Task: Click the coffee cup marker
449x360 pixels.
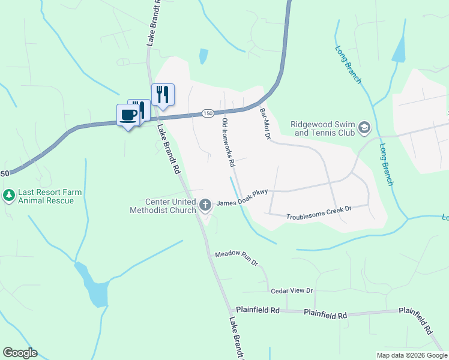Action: (128, 114)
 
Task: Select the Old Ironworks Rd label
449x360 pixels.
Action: (228, 143)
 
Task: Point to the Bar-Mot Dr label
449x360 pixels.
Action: (264, 124)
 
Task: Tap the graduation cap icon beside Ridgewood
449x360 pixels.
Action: (364, 128)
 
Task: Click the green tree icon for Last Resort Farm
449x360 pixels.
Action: (9, 196)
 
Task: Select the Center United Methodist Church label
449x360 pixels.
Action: (163, 206)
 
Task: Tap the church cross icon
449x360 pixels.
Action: (205, 205)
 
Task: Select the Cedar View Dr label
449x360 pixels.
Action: (292, 290)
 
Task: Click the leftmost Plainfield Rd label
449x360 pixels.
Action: (258, 310)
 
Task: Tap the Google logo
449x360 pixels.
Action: (20, 353)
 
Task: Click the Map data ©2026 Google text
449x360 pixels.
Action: (411, 355)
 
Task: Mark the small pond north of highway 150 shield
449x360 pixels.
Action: (203, 56)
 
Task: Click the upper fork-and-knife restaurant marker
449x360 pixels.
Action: (163, 94)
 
